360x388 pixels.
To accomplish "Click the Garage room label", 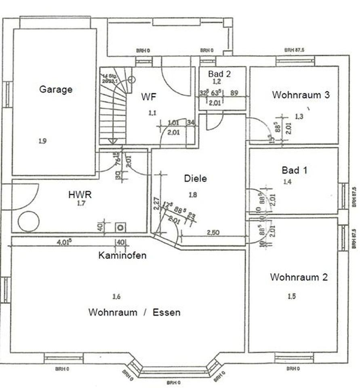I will point(56,89).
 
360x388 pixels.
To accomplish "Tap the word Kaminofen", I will point(122,255).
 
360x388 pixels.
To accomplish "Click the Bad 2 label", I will point(219,74).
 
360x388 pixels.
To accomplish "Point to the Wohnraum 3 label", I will point(301,95).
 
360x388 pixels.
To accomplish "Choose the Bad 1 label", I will point(295,170).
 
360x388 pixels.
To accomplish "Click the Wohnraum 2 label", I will point(299,277).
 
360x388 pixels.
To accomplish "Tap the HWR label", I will point(80,195).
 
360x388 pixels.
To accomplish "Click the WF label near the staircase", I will point(149,97).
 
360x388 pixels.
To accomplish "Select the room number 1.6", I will point(116,297).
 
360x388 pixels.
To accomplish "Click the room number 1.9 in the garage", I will point(43,141).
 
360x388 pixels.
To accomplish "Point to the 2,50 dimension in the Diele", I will point(213,233).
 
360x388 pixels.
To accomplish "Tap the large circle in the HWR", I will point(29,221).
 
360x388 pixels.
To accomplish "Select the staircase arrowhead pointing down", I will point(112,141).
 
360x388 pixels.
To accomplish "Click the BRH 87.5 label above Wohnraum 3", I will point(294,50).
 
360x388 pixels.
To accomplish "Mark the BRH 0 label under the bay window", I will point(174,382).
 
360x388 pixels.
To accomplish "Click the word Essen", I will point(166,312).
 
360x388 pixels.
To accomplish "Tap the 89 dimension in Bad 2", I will point(234,93).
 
